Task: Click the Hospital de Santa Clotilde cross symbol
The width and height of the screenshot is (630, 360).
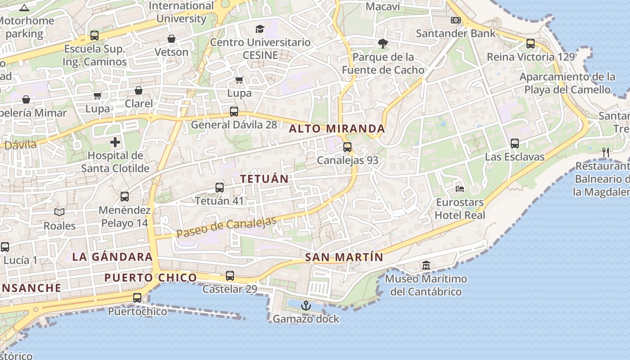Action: [x=115, y=143]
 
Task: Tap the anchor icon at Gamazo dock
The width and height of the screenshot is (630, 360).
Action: [x=306, y=306]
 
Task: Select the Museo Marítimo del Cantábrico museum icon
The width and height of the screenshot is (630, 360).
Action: [x=426, y=265]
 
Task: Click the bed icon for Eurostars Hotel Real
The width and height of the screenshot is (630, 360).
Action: [x=460, y=189]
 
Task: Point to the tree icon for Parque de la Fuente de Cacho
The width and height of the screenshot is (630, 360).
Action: [x=383, y=44]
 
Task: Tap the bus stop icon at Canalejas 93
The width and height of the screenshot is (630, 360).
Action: [x=347, y=147]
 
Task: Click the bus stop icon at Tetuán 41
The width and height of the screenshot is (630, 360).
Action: [x=220, y=188]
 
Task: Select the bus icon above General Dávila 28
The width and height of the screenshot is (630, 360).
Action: [x=234, y=112]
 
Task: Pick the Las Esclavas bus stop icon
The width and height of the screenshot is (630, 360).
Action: [x=515, y=144]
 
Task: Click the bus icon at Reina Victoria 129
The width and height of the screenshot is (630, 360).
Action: [x=531, y=44]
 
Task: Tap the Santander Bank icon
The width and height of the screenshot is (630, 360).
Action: [x=456, y=20]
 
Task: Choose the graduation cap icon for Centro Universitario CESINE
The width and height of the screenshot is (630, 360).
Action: [x=260, y=29]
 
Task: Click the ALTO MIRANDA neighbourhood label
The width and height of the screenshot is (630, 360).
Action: [x=337, y=129]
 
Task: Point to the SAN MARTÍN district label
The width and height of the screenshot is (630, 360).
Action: [x=344, y=258]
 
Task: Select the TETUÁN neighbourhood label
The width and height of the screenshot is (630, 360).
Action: [x=264, y=179]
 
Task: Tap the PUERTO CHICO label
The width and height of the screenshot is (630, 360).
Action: [x=151, y=278]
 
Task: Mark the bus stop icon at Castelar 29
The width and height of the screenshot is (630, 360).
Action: [x=230, y=276]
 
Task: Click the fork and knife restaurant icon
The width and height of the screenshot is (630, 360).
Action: [x=606, y=153]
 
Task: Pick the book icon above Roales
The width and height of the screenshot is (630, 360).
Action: [x=59, y=212]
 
